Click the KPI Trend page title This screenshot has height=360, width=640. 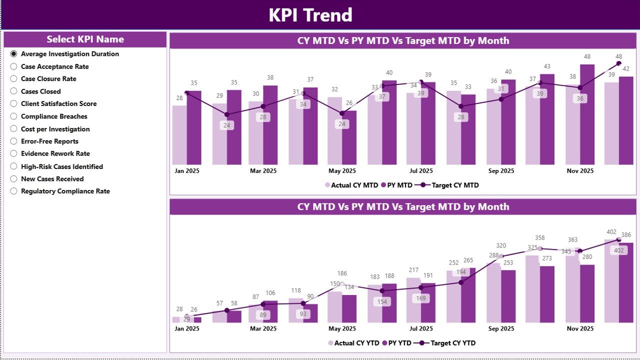310,15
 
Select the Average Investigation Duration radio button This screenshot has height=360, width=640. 14,54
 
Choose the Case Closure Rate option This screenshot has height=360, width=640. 14,79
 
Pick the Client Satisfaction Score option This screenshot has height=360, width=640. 14,104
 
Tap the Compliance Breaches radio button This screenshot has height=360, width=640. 14,116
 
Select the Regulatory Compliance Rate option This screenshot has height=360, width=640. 14,191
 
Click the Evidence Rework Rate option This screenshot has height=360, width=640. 14,153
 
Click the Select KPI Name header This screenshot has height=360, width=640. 85,39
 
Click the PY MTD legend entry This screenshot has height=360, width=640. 397,185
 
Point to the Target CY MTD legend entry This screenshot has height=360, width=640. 450,185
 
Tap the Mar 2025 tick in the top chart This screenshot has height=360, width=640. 263,171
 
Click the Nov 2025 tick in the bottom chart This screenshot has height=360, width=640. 580,328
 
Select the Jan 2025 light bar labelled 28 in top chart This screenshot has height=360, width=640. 179,135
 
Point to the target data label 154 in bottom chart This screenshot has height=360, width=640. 382,301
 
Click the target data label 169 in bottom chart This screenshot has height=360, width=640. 421,298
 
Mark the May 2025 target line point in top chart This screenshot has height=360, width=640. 342,113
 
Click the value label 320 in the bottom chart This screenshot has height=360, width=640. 501,245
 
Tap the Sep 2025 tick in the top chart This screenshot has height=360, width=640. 501,171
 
